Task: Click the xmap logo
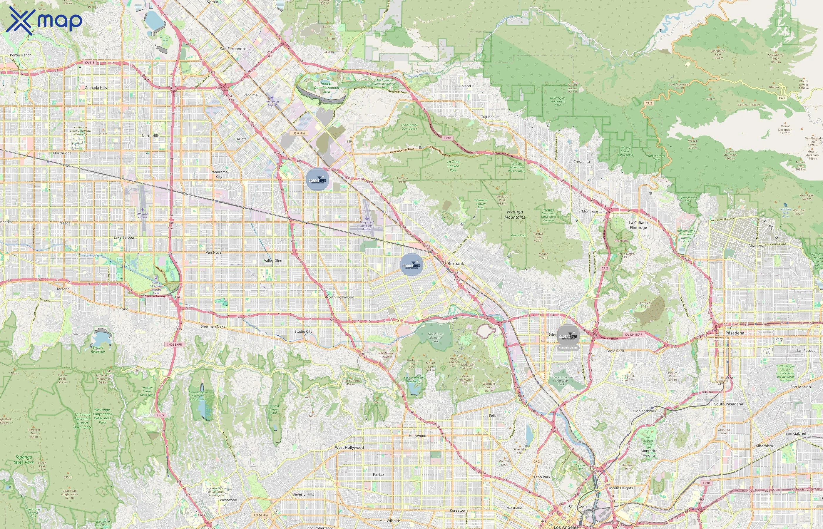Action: [x=44, y=20]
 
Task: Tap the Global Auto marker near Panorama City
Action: [x=317, y=179]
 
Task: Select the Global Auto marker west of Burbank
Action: [x=411, y=264]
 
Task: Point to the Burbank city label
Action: [x=456, y=263]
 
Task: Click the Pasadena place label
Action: [x=735, y=333]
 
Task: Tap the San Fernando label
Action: [x=232, y=49]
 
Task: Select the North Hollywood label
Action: [x=340, y=297]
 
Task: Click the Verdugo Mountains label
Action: [x=515, y=214]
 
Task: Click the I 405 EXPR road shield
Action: [x=175, y=344]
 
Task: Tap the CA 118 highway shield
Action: [x=90, y=63]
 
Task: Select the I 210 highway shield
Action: [x=447, y=138]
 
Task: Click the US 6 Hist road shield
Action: [x=299, y=133]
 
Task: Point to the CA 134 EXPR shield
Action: [x=633, y=334]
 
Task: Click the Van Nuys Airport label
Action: [x=143, y=215]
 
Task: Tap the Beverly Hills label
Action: [x=303, y=494]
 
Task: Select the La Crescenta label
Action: [x=579, y=161]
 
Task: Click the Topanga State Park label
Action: [x=24, y=460]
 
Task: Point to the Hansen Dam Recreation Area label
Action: [x=326, y=87]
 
